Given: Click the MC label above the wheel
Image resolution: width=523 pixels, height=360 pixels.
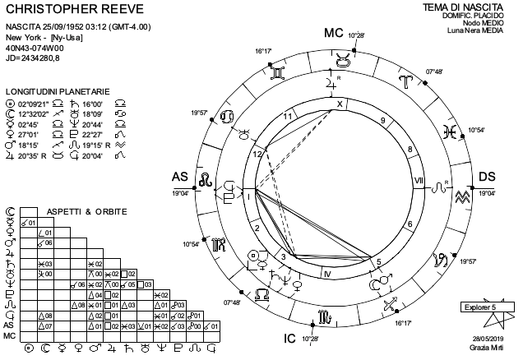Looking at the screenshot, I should pos(333,34).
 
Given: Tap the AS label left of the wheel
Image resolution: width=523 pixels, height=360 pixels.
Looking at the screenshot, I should pos(179,177).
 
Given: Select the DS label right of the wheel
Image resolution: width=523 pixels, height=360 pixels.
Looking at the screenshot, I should pos(487,177).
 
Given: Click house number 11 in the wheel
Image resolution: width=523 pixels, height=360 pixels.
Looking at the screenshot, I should pos(288,117).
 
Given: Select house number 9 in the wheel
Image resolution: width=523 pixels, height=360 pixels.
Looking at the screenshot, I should pos(382,121).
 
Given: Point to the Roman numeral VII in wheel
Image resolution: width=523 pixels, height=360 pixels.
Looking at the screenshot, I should pos(418,179).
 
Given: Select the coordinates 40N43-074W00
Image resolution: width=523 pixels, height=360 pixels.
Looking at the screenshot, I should pos(33,48).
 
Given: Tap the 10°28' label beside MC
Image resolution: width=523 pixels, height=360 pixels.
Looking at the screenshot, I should pos(355,35).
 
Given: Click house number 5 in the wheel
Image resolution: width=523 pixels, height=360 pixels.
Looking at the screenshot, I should pos(377,262).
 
